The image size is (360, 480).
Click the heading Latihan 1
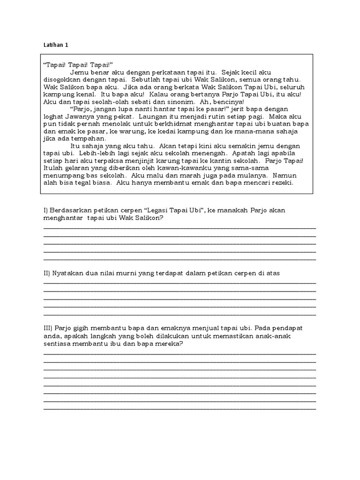pos(55,45)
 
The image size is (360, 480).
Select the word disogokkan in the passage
pos(63,80)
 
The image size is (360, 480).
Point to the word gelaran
pos(78,168)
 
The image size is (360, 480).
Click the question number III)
pos(48,329)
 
